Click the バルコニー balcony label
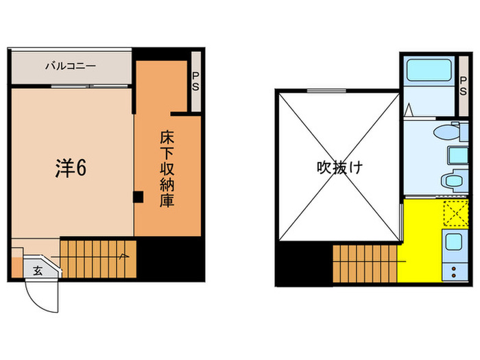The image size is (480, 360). pos(70,67)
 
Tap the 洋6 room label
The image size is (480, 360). pos(71,168)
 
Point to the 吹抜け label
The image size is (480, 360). pos(339,167)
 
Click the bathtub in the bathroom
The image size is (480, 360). pos(428,71)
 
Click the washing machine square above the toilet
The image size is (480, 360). pos(454,154)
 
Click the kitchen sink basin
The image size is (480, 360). pos(453,242)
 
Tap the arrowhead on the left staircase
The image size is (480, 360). pos(123,256)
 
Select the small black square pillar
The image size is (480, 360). pos(138,197)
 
